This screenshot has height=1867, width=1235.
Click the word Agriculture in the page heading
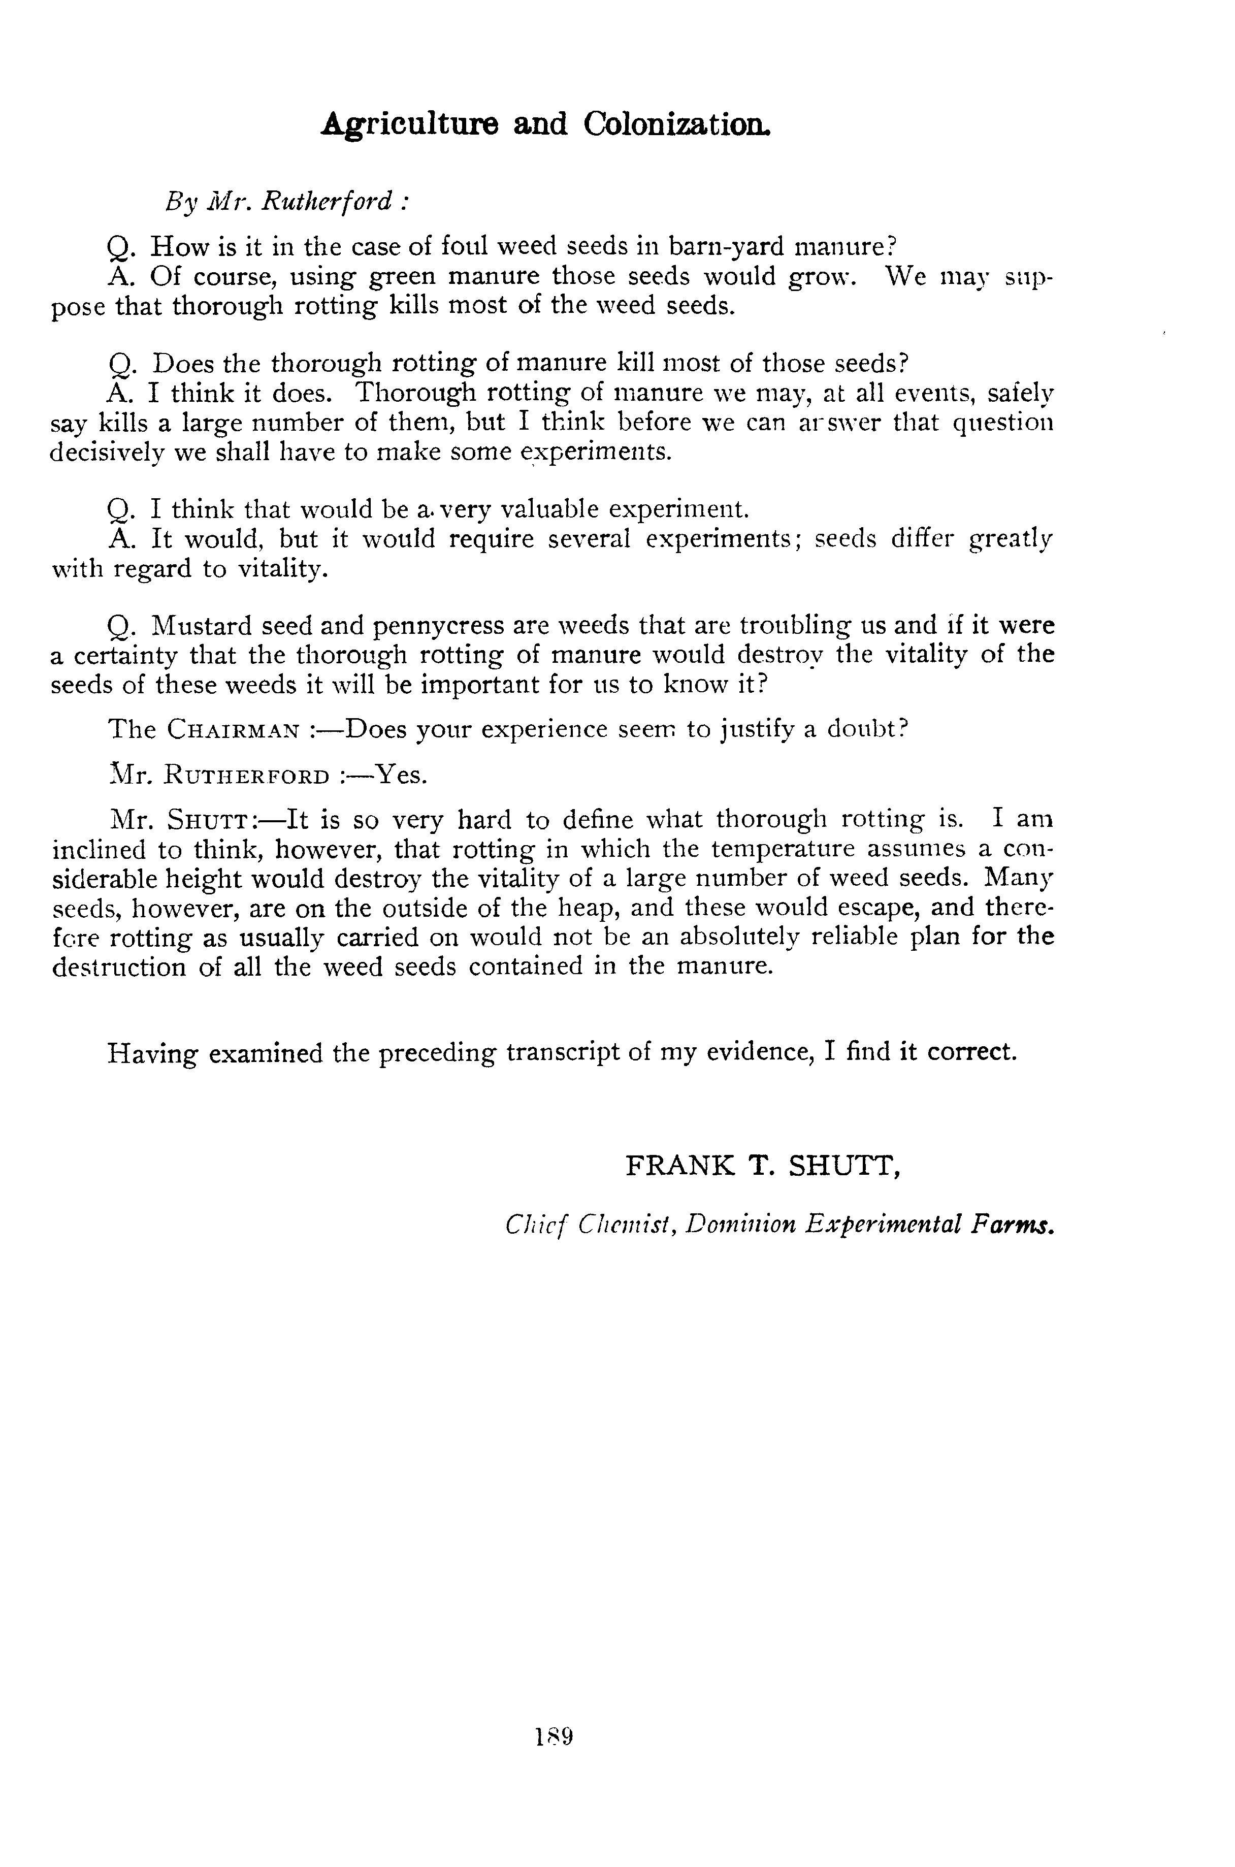pos(410,124)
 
